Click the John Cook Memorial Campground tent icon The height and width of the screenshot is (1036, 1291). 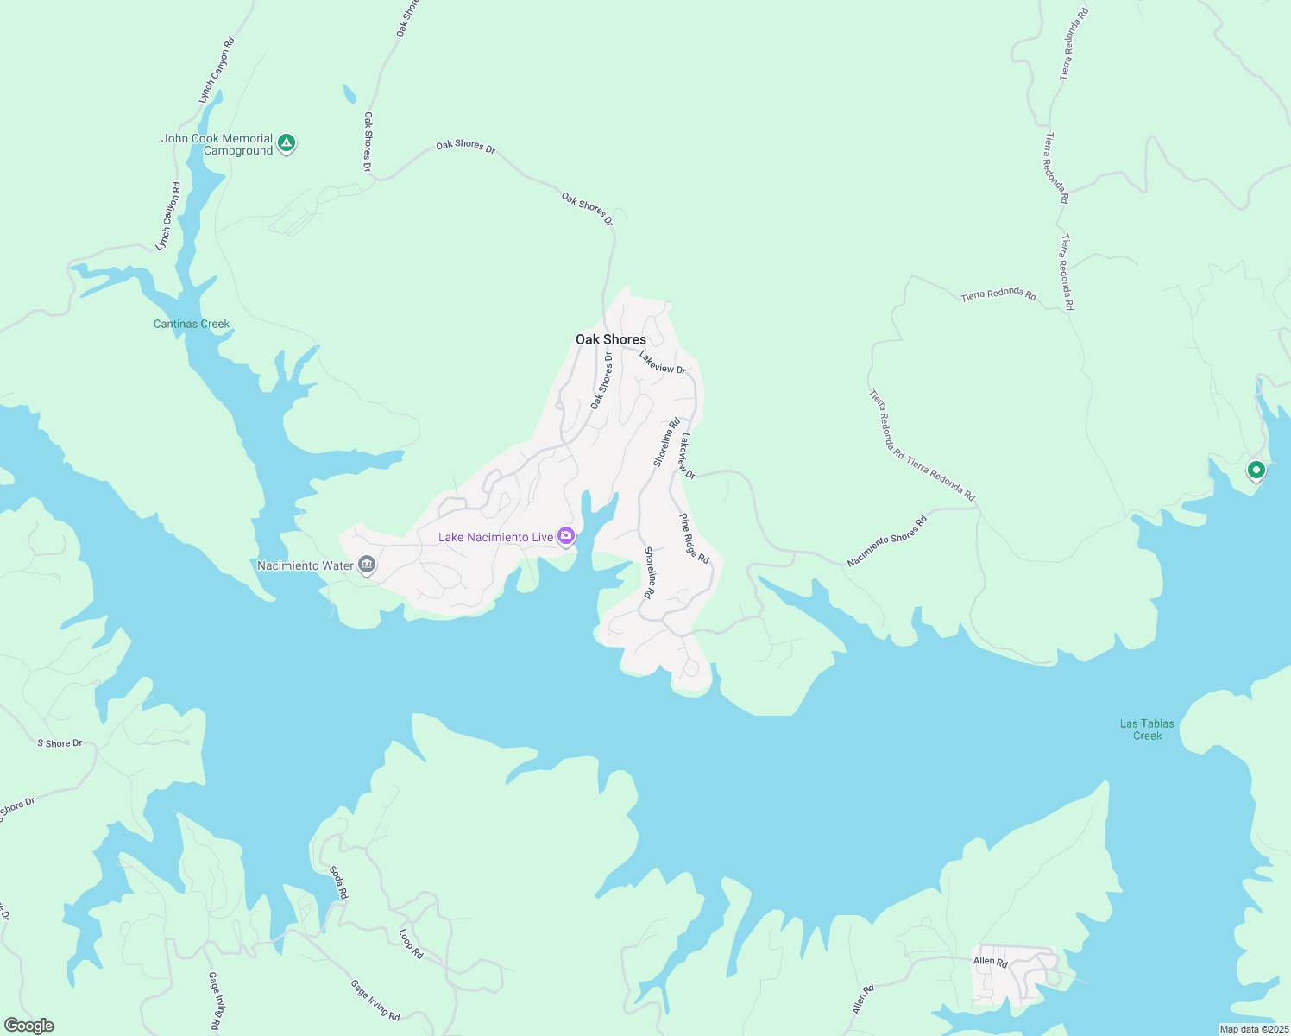pyautogui.click(x=287, y=143)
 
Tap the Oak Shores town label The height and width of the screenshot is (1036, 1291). pyautogui.click(x=611, y=339)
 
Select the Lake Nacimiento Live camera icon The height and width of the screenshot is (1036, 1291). pyautogui.click(x=566, y=537)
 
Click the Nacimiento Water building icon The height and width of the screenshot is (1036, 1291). pyautogui.click(x=367, y=565)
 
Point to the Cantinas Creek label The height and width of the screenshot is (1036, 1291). pyautogui.click(x=192, y=325)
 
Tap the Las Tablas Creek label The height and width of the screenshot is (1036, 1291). pyautogui.click(x=1147, y=730)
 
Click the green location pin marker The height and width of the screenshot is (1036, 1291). pyautogui.click(x=1256, y=471)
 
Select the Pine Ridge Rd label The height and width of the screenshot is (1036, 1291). pyautogui.click(x=694, y=540)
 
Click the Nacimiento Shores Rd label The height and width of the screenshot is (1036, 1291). pyautogui.click(x=886, y=541)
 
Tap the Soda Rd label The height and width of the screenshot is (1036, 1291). pyautogui.click(x=338, y=882)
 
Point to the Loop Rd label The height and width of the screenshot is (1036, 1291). pyautogui.click(x=411, y=944)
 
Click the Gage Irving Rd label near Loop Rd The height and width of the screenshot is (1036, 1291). pyautogui.click(x=375, y=1000)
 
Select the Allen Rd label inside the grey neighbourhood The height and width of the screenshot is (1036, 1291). pyautogui.click(x=990, y=962)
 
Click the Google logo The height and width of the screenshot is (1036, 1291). pyautogui.click(x=28, y=1026)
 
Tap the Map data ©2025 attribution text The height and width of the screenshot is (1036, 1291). pyautogui.click(x=1253, y=1029)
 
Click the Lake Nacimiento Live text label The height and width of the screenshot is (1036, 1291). pyautogui.click(x=495, y=537)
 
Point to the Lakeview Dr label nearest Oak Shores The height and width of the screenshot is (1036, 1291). pyautogui.click(x=662, y=363)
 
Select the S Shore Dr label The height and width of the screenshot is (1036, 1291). pyautogui.click(x=60, y=743)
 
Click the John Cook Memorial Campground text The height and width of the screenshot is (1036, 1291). pyautogui.click(x=217, y=144)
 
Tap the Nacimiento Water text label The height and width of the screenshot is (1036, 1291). pyautogui.click(x=305, y=565)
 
